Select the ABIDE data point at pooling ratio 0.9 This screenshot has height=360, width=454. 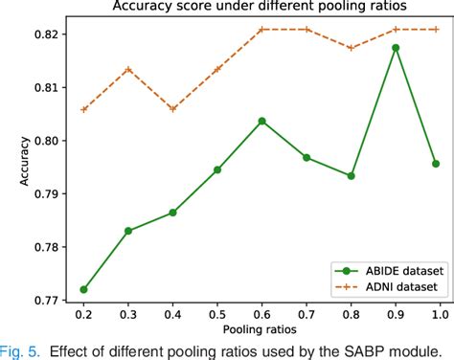395,47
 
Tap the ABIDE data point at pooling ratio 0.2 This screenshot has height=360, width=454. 84,289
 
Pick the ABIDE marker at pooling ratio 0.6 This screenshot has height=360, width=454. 261,121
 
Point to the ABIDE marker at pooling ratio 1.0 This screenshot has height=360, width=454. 439,164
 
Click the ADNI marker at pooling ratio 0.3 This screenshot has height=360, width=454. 128,69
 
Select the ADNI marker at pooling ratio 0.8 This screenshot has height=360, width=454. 351,48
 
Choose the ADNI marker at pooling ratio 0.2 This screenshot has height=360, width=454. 84,109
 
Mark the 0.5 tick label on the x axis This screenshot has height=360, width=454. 217,314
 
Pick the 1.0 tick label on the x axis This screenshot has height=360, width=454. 439,314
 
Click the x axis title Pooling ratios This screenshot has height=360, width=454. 261,328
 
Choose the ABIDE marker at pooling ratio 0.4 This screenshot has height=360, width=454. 172,212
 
